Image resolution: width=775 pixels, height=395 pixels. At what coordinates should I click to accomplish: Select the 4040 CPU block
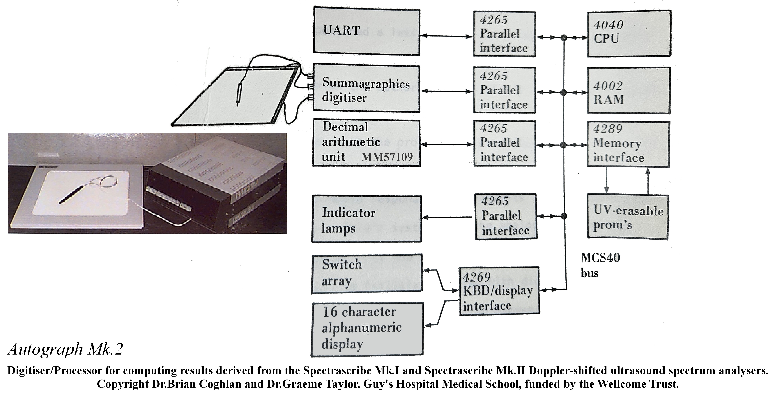point(629,33)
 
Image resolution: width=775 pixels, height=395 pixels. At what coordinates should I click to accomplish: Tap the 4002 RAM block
point(629,90)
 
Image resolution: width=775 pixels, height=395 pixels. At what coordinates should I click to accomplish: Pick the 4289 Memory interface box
point(628,144)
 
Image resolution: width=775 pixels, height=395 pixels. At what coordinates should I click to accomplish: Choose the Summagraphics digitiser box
point(367,89)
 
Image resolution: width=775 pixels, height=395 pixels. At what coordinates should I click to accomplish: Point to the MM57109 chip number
point(387,157)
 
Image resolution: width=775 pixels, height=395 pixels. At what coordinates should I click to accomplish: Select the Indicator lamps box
point(367,219)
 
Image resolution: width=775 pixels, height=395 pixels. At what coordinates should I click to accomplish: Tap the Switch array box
point(367,273)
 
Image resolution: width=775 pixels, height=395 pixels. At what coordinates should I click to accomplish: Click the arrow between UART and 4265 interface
point(446,36)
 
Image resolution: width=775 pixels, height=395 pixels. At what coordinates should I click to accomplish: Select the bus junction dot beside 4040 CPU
point(564,38)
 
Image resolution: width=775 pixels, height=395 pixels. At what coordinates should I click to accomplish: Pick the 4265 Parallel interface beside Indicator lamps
point(505,216)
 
